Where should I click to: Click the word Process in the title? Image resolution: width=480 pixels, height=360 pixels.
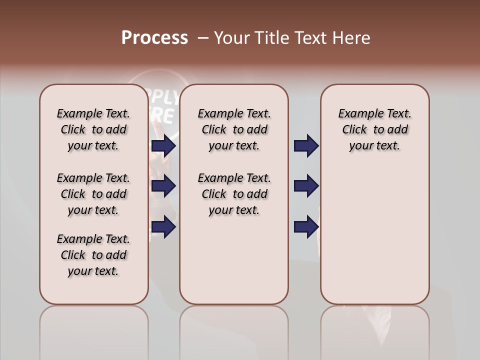pyautogui.click(x=154, y=38)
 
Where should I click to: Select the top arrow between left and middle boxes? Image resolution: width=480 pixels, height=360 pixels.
pyautogui.click(x=163, y=146)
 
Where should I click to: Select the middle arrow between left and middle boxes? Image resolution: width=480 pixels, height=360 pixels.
pyautogui.click(x=163, y=186)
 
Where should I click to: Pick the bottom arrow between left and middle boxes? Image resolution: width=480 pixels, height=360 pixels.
pyautogui.click(x=163, y=227)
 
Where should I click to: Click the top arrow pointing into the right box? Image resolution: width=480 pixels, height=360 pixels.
pyautogui.click(x=306, y=146)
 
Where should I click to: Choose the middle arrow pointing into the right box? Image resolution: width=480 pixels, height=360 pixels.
pyautogui.click(x=306, y=186)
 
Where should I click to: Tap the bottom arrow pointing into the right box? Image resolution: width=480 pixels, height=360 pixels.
pyautogui.click(x=306, y=227)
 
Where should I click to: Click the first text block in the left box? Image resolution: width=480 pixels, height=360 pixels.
pyautogui.click(x=93, y=129)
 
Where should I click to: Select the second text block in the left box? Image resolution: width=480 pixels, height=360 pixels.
pyautogui.click(x=93, y=194)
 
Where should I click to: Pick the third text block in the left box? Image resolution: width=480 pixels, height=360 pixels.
pyautogui.click(x=93, y=255)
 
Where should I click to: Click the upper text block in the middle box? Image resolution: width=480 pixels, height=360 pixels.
pyautogui.click(x=234, y=129)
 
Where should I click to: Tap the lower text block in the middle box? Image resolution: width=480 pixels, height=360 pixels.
pyautogui.click(x=234, y=194)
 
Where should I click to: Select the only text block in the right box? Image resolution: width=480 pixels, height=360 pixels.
pyautogui.click(x=374, y=129)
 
